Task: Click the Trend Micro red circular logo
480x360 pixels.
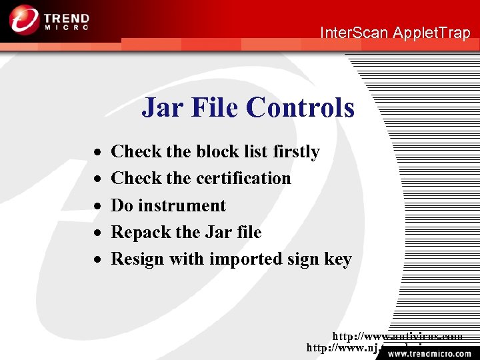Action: point(24,19)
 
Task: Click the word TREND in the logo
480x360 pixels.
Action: point(68,16)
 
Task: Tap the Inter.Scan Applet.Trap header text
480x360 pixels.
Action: point(395,33)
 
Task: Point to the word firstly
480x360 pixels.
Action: point(296,152)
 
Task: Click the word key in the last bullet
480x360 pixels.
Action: point(338,259)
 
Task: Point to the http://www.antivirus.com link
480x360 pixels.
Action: point(398,337)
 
